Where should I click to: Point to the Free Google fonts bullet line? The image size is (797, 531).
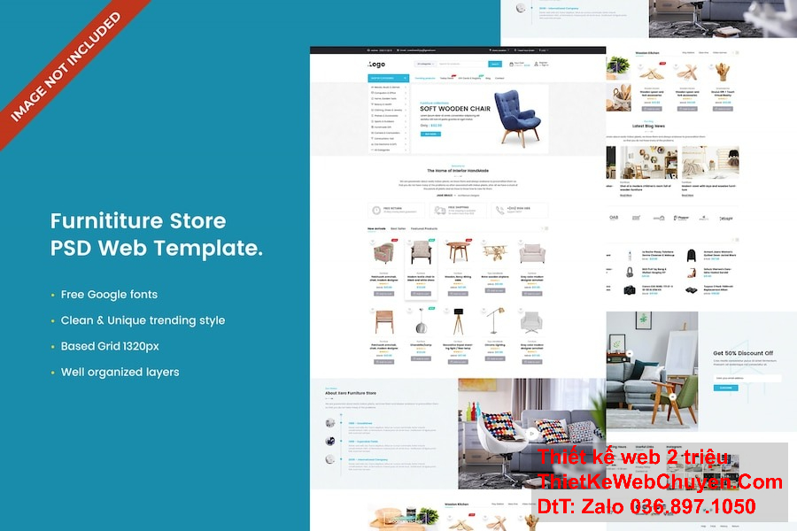[x=109, y=294]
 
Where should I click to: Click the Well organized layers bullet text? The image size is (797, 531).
[x=120, y=372]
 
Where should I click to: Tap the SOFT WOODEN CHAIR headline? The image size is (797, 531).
[x=455, y=109]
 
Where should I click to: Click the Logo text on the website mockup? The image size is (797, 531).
[x=377, y=64]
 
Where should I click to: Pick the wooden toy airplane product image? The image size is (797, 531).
[x=495, y=251]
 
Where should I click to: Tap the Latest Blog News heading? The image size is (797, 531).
[x=649, y=127]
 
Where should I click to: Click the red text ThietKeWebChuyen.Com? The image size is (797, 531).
[x=660, y=482]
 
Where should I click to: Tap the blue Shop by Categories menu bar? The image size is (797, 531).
[x=388, y=78]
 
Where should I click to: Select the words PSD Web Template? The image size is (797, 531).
[x=156, y=248]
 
